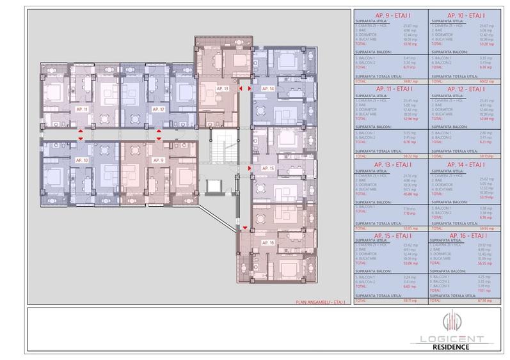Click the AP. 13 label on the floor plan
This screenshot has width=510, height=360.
point(222,87)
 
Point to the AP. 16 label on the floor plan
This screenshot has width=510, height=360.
point(267,243)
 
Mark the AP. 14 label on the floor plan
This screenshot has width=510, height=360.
point(267,88)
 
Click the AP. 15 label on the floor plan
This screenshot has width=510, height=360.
point(267,168)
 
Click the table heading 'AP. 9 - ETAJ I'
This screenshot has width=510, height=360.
point(390,15)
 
